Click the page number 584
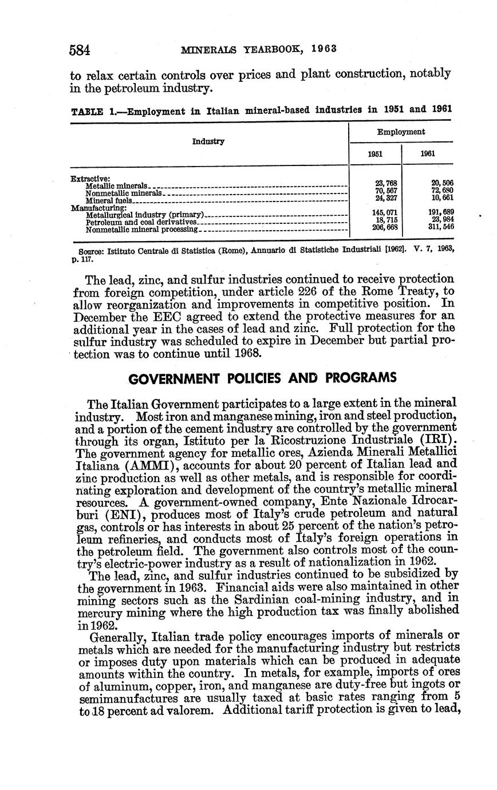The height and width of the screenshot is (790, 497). tap(80, 50)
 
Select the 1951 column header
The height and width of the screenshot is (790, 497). tap(375, 154)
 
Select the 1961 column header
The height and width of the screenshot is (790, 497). tap(428, 154)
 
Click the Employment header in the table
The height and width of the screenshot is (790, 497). tap(401, 132)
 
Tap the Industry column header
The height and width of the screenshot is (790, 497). tap(208, 141)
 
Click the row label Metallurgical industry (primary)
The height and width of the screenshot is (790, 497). tap(145, 215)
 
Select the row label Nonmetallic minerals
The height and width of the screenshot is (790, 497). tap(123, 193)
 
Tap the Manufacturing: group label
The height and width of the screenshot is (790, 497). tap(95, 208)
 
